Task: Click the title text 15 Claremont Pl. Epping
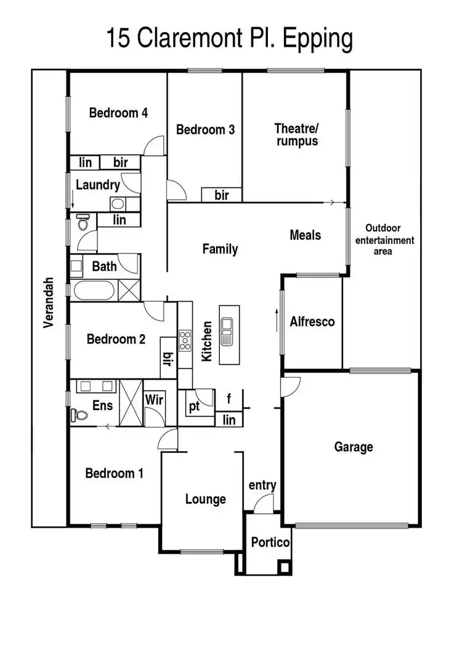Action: (x=230, y=38)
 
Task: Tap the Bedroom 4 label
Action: (x=118, y=113)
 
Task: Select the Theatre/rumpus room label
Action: (x=296, y=134)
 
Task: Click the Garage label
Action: (x=354, y=447)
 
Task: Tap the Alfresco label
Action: (x=312, y=321)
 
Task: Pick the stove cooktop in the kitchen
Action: (x=185, y=340)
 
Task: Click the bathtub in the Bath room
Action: (x=93, y=290)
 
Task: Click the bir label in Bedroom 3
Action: (x=221, y=195)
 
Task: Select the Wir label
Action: (x=153, y=400)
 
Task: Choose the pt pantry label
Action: (x=195, y=406)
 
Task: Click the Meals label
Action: (x=305, y=235)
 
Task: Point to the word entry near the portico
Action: (x=262, y=486)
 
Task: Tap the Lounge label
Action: (x=205, y=499)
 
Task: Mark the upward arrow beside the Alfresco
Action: (x=275, y=321)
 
